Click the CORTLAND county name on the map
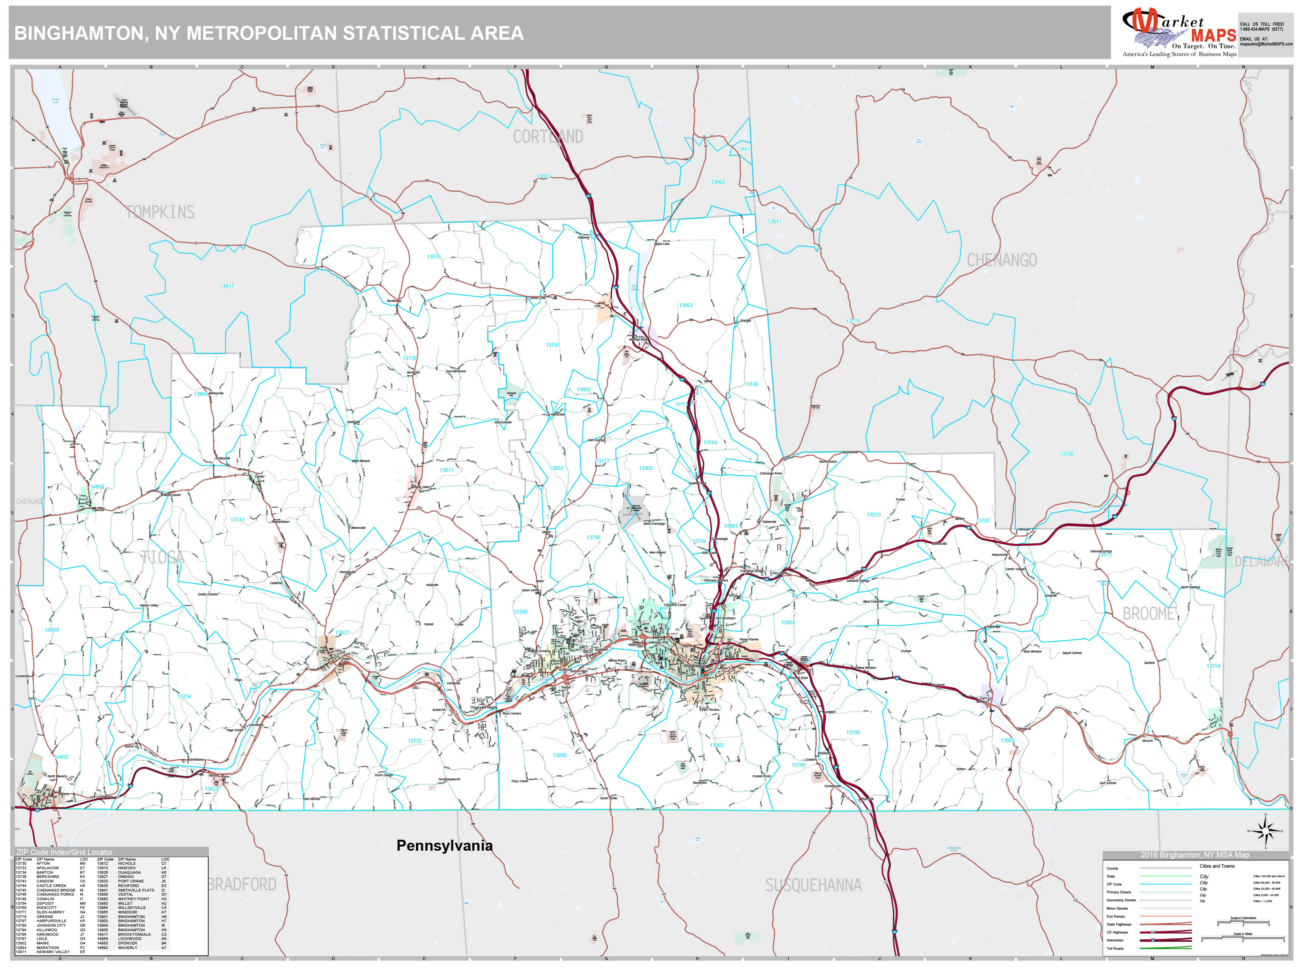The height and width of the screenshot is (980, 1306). [548, 137]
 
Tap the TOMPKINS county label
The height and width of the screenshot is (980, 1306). [160, 212]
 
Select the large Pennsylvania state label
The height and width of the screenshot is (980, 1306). [444, 845]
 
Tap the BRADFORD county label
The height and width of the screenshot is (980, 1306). [242, 884]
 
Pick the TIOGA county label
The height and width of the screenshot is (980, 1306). [162, 557]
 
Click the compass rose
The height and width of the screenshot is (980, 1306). [1265, 831]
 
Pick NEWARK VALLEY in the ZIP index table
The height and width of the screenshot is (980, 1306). [53, 952]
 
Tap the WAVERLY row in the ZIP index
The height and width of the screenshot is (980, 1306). [127, 947]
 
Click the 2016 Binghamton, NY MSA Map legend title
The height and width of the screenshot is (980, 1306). [1195, 855]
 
